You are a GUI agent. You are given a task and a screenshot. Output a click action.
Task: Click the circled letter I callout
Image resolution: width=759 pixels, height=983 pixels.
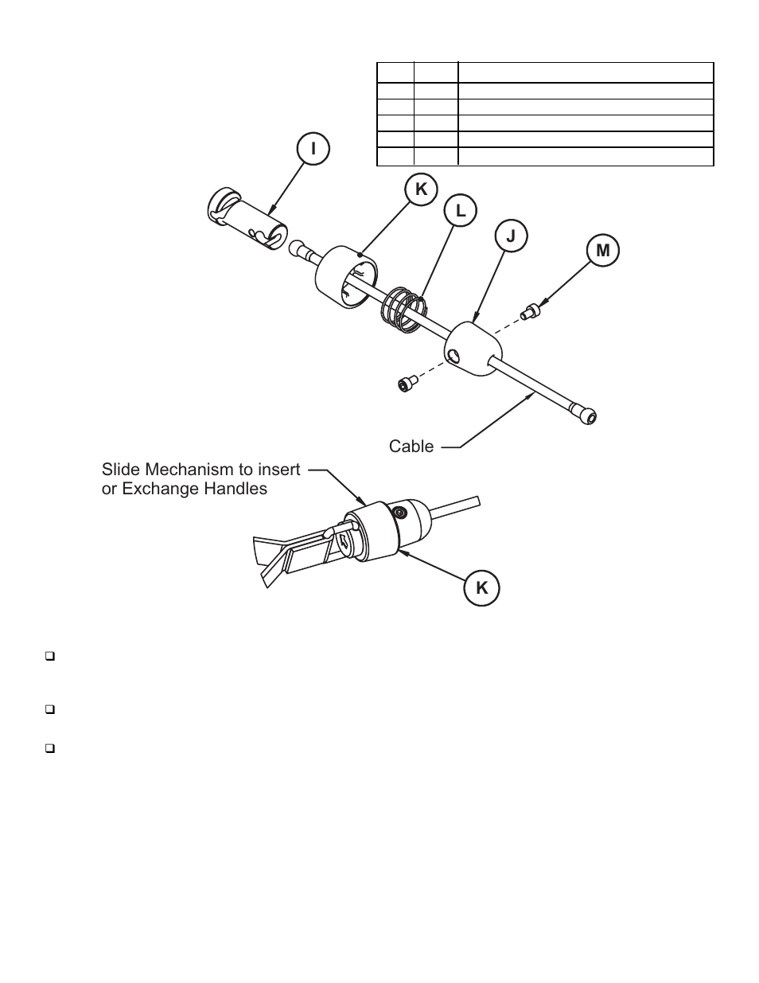(x=313, y=149)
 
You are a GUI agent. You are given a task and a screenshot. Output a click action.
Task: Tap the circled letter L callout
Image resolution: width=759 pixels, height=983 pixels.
(x=460, y=211)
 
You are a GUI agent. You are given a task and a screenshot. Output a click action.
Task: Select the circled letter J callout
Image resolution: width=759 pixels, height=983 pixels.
(x=511, y=236)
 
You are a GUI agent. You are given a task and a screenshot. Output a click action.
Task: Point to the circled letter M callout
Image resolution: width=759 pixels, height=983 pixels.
(x=602, y=251)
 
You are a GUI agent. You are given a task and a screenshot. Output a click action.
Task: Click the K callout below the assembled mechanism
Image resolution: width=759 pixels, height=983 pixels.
(x=482, y=588)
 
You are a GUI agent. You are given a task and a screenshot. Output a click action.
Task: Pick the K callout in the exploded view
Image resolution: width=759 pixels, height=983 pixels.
(x=421, y=189)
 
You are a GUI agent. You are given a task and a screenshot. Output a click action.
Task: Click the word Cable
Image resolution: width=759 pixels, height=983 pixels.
(x=411, y=447)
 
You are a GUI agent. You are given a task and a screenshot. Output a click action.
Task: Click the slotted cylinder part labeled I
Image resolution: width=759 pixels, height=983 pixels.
(x=245, y=219)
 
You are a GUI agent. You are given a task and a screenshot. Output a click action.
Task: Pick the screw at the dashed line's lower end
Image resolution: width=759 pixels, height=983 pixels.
(x=406, y=384)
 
